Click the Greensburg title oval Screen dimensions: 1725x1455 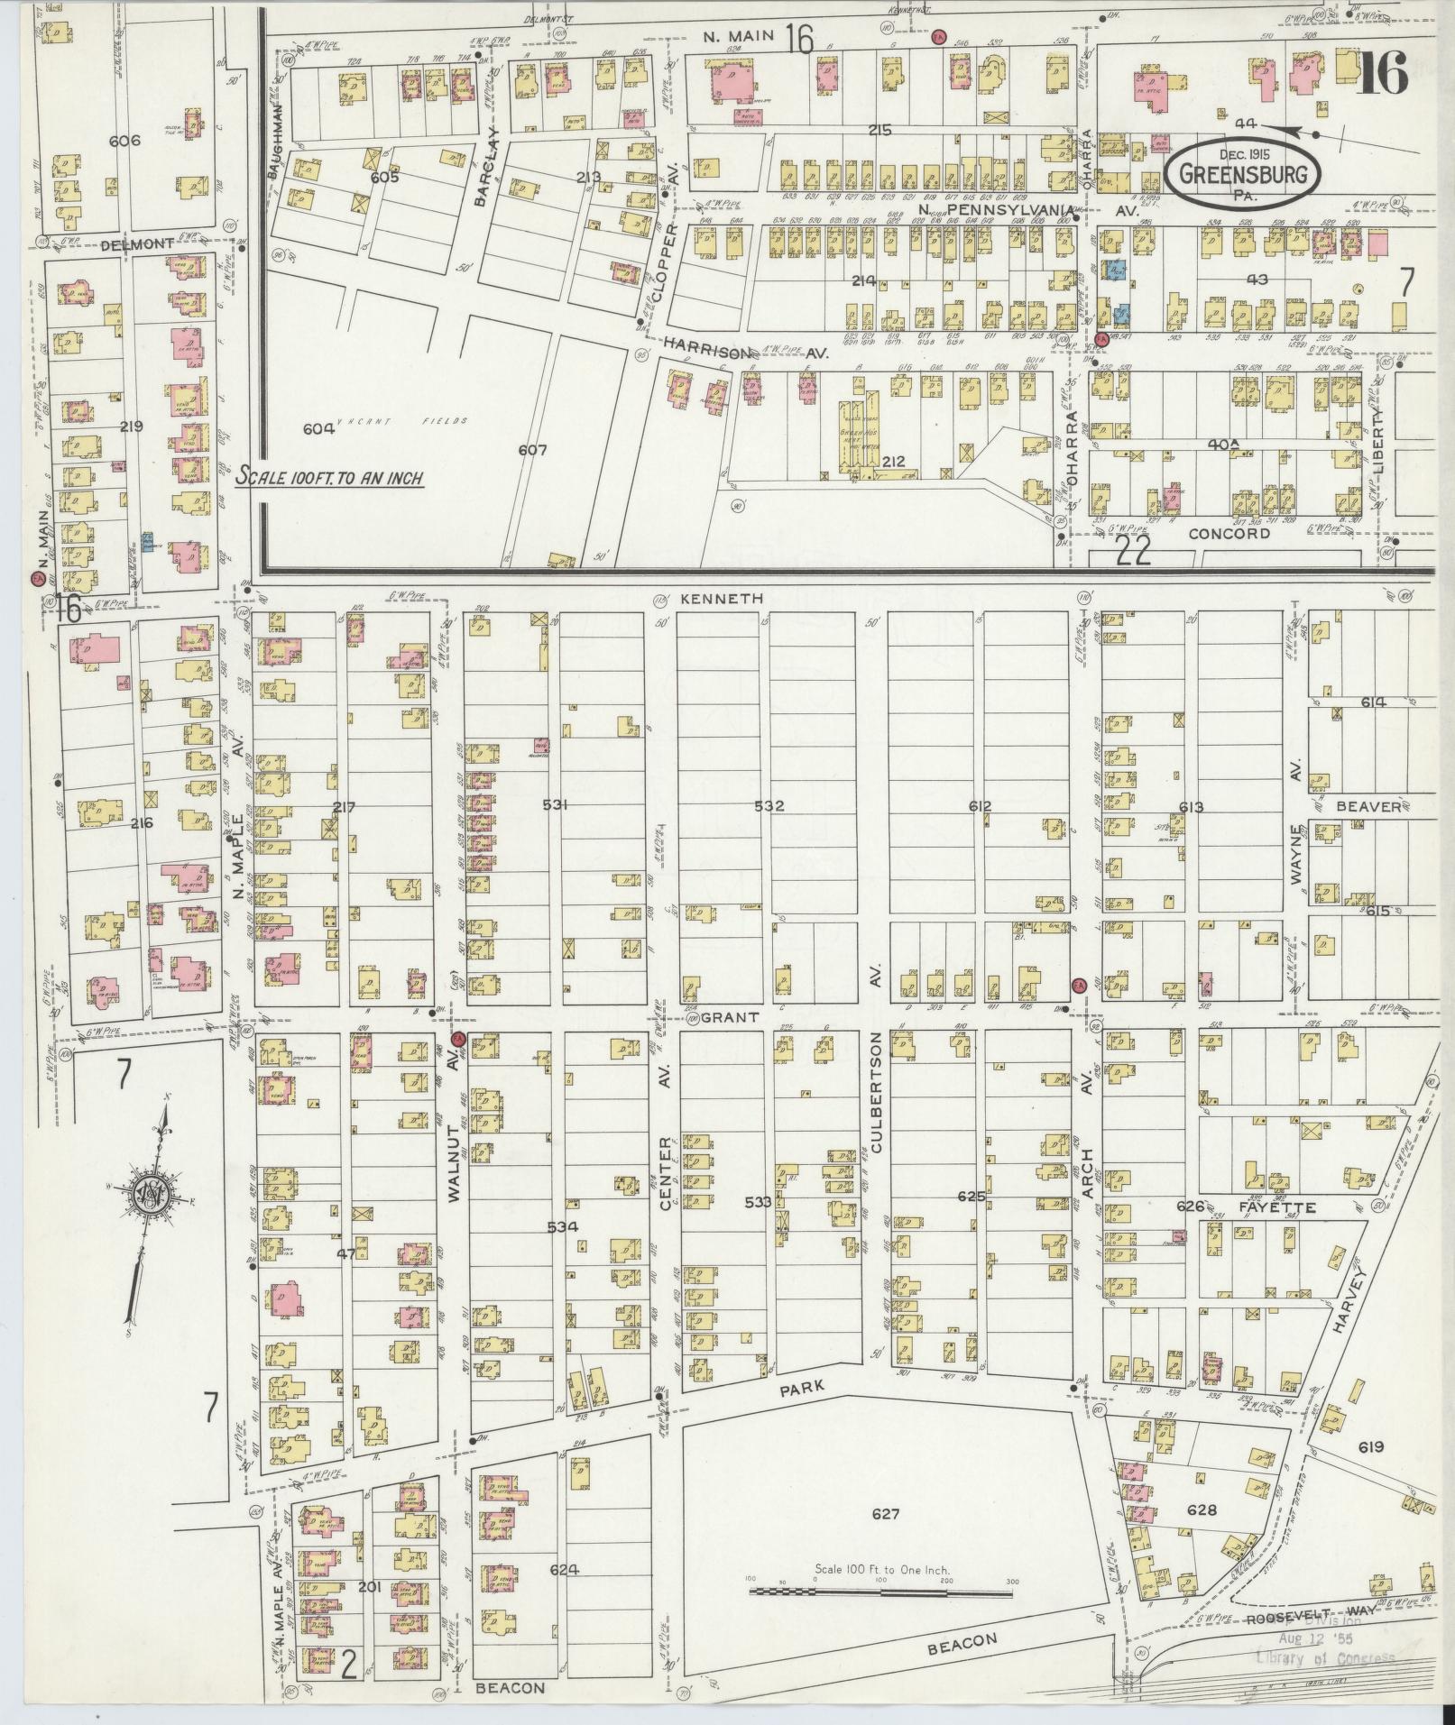click(1241, 173)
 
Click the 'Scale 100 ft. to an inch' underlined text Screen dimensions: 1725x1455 click(329, 478)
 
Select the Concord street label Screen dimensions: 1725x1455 click(1229, 533)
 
